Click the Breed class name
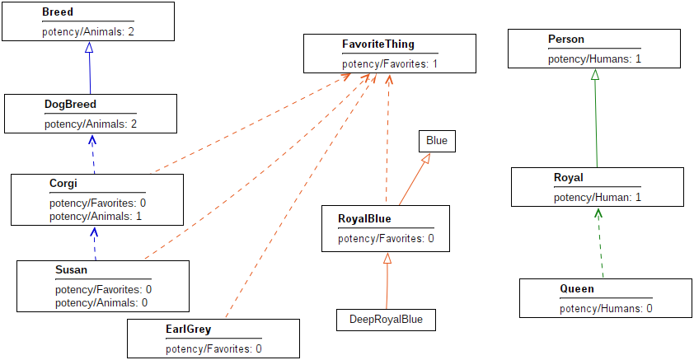tap(57, 13)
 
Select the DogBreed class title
tap(70, 105)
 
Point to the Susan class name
tap(71, 269)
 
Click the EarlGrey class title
tap(188, 329)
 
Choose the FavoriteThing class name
tap(378, 44)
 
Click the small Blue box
tap(437, 141)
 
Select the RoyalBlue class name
tap(364, 218)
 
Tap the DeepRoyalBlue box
tap(386, 320)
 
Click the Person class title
tap(565, 40)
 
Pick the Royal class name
tap(568, 178)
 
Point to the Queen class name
tap(576, 289)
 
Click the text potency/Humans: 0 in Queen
tap(606, 309)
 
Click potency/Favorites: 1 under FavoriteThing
tap(389, 63)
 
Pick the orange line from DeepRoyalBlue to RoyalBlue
tap(387, 280)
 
